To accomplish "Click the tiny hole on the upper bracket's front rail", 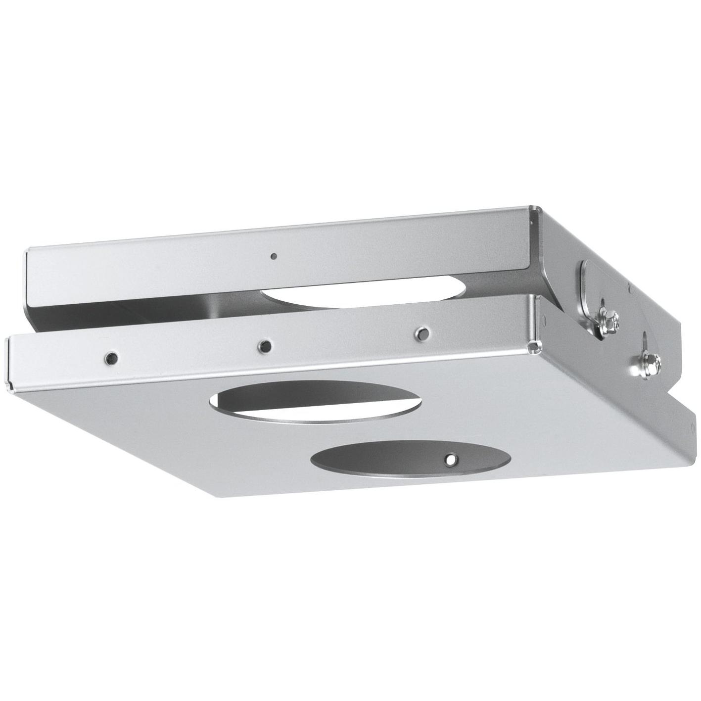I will click(x=273, y=256).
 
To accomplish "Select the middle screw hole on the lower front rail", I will click(x=266, y=345).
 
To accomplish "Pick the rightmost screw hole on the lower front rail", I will click(x=422, y=333).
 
